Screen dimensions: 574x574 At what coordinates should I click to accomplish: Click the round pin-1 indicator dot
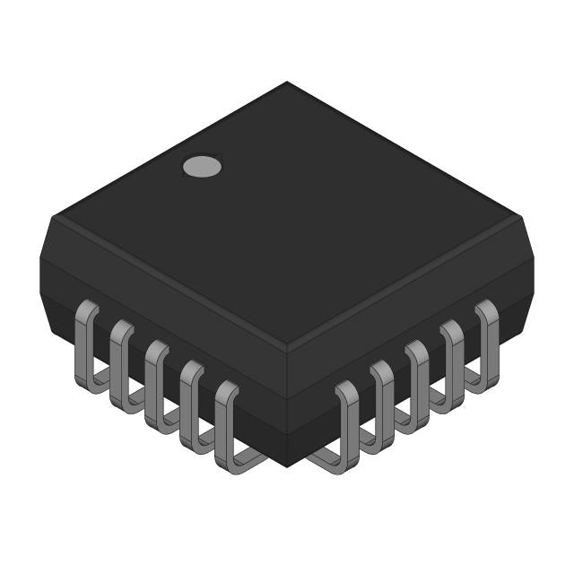[x=202, y=166]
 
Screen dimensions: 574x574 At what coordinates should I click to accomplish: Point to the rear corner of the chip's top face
[x=287, y=83]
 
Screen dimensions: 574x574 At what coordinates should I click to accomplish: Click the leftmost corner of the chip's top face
[x=54, y=215]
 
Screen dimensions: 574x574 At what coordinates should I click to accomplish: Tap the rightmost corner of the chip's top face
[x=520, y=215]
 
